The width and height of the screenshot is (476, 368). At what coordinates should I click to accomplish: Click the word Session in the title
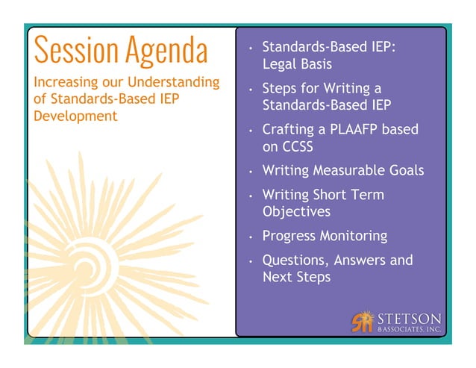pyautogui.click(x=75, y=50)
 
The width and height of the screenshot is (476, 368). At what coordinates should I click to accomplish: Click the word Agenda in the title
pyautogui.click(x=165, y=50)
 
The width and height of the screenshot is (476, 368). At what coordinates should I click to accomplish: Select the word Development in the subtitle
pyautogui.click(x=75, y=116)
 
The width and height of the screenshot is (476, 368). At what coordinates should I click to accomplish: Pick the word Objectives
pyautogui.click(x=296, y=212)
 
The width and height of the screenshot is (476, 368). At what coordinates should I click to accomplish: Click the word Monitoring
pyautogui.click(x=354, y=236)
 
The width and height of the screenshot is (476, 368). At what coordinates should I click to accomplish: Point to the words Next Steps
pyautogui.click(x=296, y=277)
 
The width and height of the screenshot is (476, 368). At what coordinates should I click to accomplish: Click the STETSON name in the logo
pyautogui.click(x=409, y=317)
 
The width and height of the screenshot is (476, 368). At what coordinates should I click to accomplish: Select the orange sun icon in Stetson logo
pyautogui.click(x=362, y=321)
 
